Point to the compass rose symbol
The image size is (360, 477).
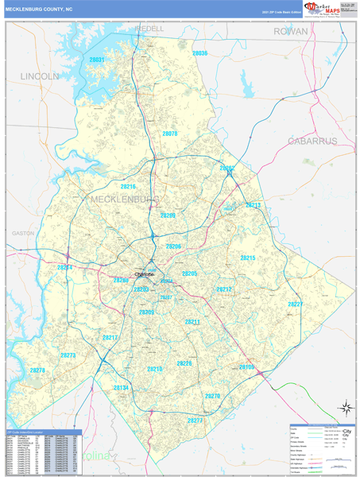(x=346, y=408)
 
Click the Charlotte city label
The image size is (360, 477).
(x=145, y=274)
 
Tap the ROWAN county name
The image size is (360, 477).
(x=290, y=31)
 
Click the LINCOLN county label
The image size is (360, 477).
(x=39, y=76)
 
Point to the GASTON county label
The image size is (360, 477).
(x=24, y=234)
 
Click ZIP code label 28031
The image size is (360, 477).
(x=97, y=60)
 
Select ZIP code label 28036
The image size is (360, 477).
(x=199, y=53)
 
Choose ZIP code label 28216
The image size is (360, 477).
(x=128, y=187)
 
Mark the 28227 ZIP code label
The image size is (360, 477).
(x=296, y=304)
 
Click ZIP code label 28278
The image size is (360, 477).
(x=38, y=370)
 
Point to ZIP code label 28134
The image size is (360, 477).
(x=121, y=388)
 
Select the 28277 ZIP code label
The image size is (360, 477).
(x=195, y=419)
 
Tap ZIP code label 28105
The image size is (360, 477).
(x=246, y=367)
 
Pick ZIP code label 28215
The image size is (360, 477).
(x=248, y=258)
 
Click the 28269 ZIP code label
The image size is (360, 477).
(x=168, y=215)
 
